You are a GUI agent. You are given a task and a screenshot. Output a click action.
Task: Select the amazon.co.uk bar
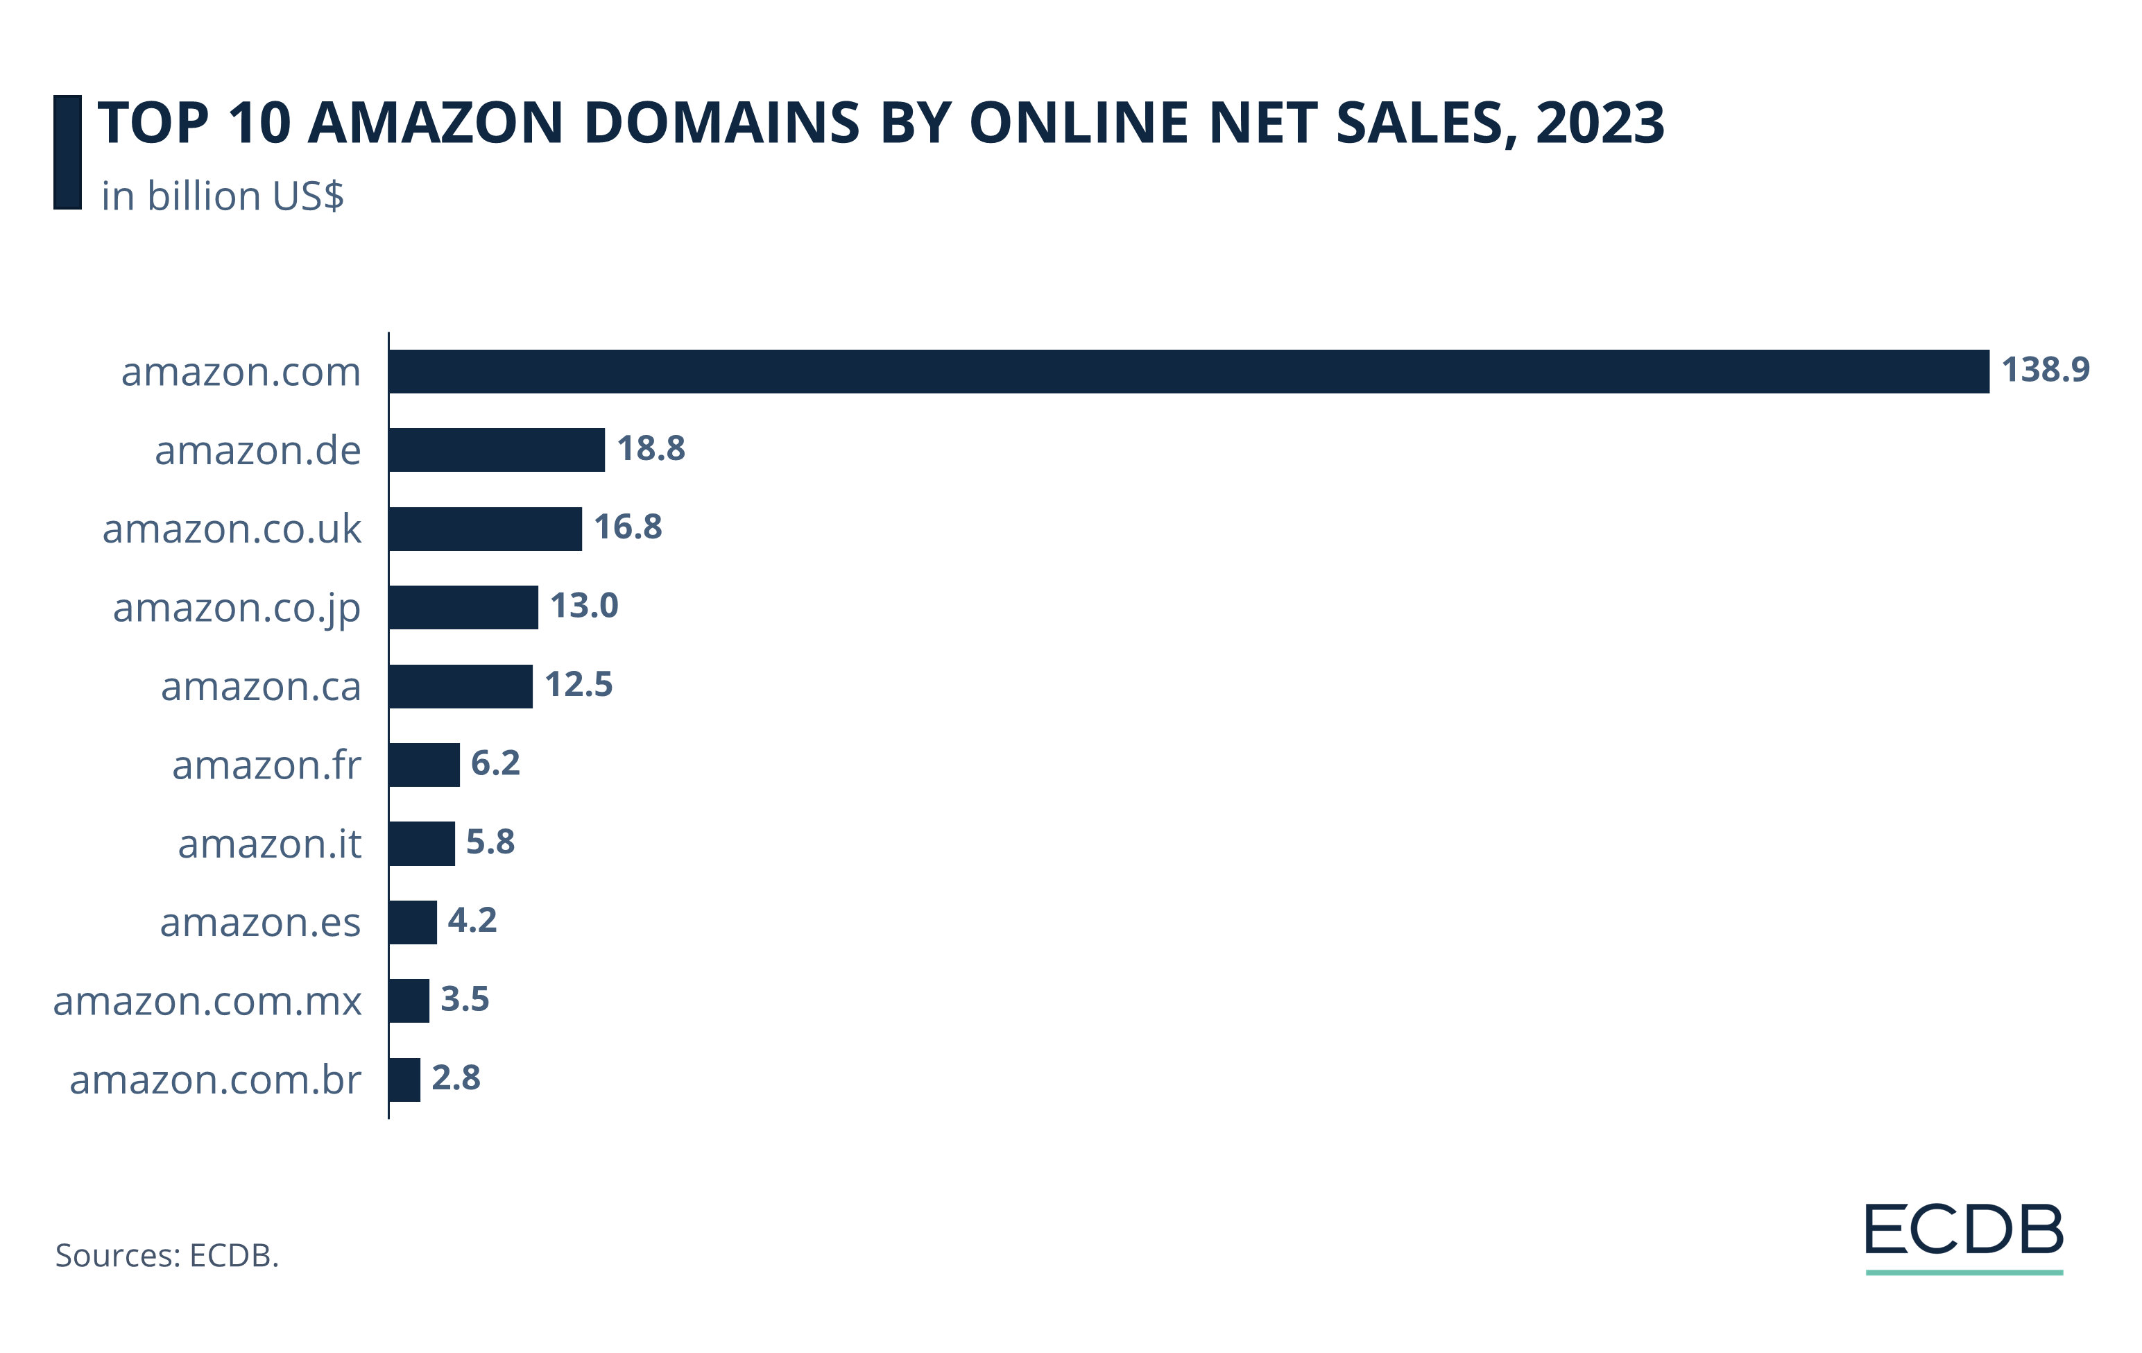[485, 529]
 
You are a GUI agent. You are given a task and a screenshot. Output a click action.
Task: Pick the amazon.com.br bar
[404, 1079]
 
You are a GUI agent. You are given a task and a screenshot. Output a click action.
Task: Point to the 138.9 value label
[2044, 369]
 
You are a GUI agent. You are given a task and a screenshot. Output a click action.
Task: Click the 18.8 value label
[651, 448]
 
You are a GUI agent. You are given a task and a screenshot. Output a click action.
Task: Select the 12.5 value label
[579, 684]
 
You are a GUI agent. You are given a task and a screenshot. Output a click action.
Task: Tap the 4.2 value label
[472, 920]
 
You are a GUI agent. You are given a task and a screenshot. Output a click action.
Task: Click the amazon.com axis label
[241, 372]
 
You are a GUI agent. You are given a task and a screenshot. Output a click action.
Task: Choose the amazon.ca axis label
[261, 687]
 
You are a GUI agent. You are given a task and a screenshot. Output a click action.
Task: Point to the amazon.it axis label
[270, 844]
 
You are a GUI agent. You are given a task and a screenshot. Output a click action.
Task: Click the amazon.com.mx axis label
[207, 1002]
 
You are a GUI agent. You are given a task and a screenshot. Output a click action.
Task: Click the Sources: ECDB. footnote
[167, 1255]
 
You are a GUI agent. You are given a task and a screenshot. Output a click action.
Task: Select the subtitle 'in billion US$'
[223, 196]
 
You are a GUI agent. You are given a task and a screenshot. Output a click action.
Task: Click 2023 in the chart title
[1600, 123]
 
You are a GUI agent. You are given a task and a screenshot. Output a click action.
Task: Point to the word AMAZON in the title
[435, 123]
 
